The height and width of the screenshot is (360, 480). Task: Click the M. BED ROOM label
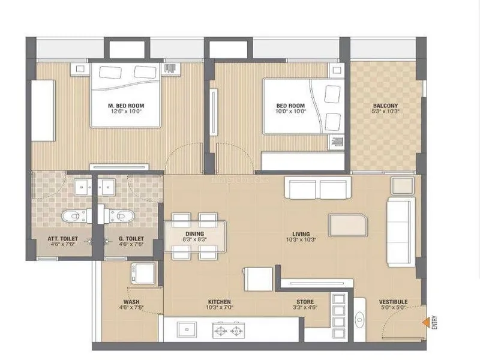click(x=126, y=106)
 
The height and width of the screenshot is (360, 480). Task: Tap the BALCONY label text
click(x=385, y=106)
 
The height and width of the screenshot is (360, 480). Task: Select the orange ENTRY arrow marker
click(x=425, y=323)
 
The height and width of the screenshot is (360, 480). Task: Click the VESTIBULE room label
click(x=393, y=302)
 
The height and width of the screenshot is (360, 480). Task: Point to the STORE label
click(x=304, y=302)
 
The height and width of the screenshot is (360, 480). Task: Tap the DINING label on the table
click(x=194, y=234)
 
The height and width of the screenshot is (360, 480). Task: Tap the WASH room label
click(x=131, y=302)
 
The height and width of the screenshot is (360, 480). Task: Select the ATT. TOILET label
click(x=61, y=238)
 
